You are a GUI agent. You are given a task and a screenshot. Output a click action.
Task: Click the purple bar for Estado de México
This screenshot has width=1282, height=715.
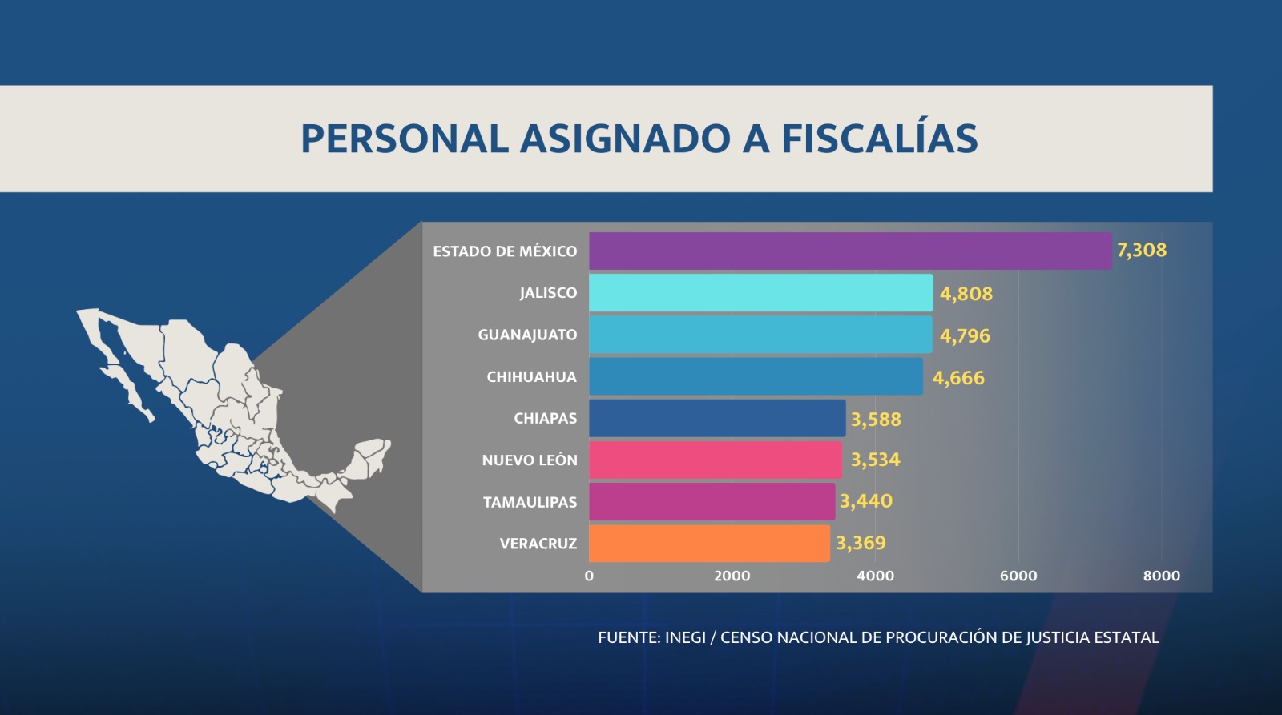[849, 251]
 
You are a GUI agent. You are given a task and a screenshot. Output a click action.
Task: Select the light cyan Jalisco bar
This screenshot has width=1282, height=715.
[760, 293]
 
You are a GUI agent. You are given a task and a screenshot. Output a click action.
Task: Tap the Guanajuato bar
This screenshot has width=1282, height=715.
[760, 335]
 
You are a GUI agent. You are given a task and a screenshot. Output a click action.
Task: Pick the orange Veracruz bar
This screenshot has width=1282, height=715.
[709, 543]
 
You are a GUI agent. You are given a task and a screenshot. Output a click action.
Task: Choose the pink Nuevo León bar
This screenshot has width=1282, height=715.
[715, 460]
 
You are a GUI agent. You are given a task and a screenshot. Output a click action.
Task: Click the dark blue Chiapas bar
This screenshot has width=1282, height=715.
[717, 418]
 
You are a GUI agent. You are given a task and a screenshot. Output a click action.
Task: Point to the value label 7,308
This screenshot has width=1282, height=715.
[1141, 251]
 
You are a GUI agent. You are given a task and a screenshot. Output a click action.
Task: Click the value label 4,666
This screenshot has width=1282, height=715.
[957, 378]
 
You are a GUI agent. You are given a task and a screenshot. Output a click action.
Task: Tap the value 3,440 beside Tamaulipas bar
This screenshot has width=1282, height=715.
[865, 501]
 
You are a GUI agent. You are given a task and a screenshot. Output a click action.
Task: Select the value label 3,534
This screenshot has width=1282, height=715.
[875, 460]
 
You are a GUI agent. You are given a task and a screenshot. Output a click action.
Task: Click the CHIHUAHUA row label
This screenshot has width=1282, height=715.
[531, 377]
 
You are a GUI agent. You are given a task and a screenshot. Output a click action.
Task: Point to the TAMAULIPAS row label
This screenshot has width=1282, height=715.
[530, 502]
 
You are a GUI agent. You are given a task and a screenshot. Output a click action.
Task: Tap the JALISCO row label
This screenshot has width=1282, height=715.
[548, 293]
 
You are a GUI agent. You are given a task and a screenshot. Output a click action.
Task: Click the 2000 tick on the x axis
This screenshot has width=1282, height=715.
[732, 576]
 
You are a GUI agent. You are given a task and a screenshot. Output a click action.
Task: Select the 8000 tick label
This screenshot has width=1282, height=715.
[1161, 576]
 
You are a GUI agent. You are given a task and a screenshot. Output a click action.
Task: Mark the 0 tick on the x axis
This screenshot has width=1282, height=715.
[589, 576]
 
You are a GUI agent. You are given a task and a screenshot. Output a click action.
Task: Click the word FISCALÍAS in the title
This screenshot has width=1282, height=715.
[879, 138]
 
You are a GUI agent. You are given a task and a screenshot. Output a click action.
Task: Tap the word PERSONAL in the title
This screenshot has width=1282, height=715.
[405, 139]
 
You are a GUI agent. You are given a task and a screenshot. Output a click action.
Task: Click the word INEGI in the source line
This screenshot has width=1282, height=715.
[685, 637]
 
